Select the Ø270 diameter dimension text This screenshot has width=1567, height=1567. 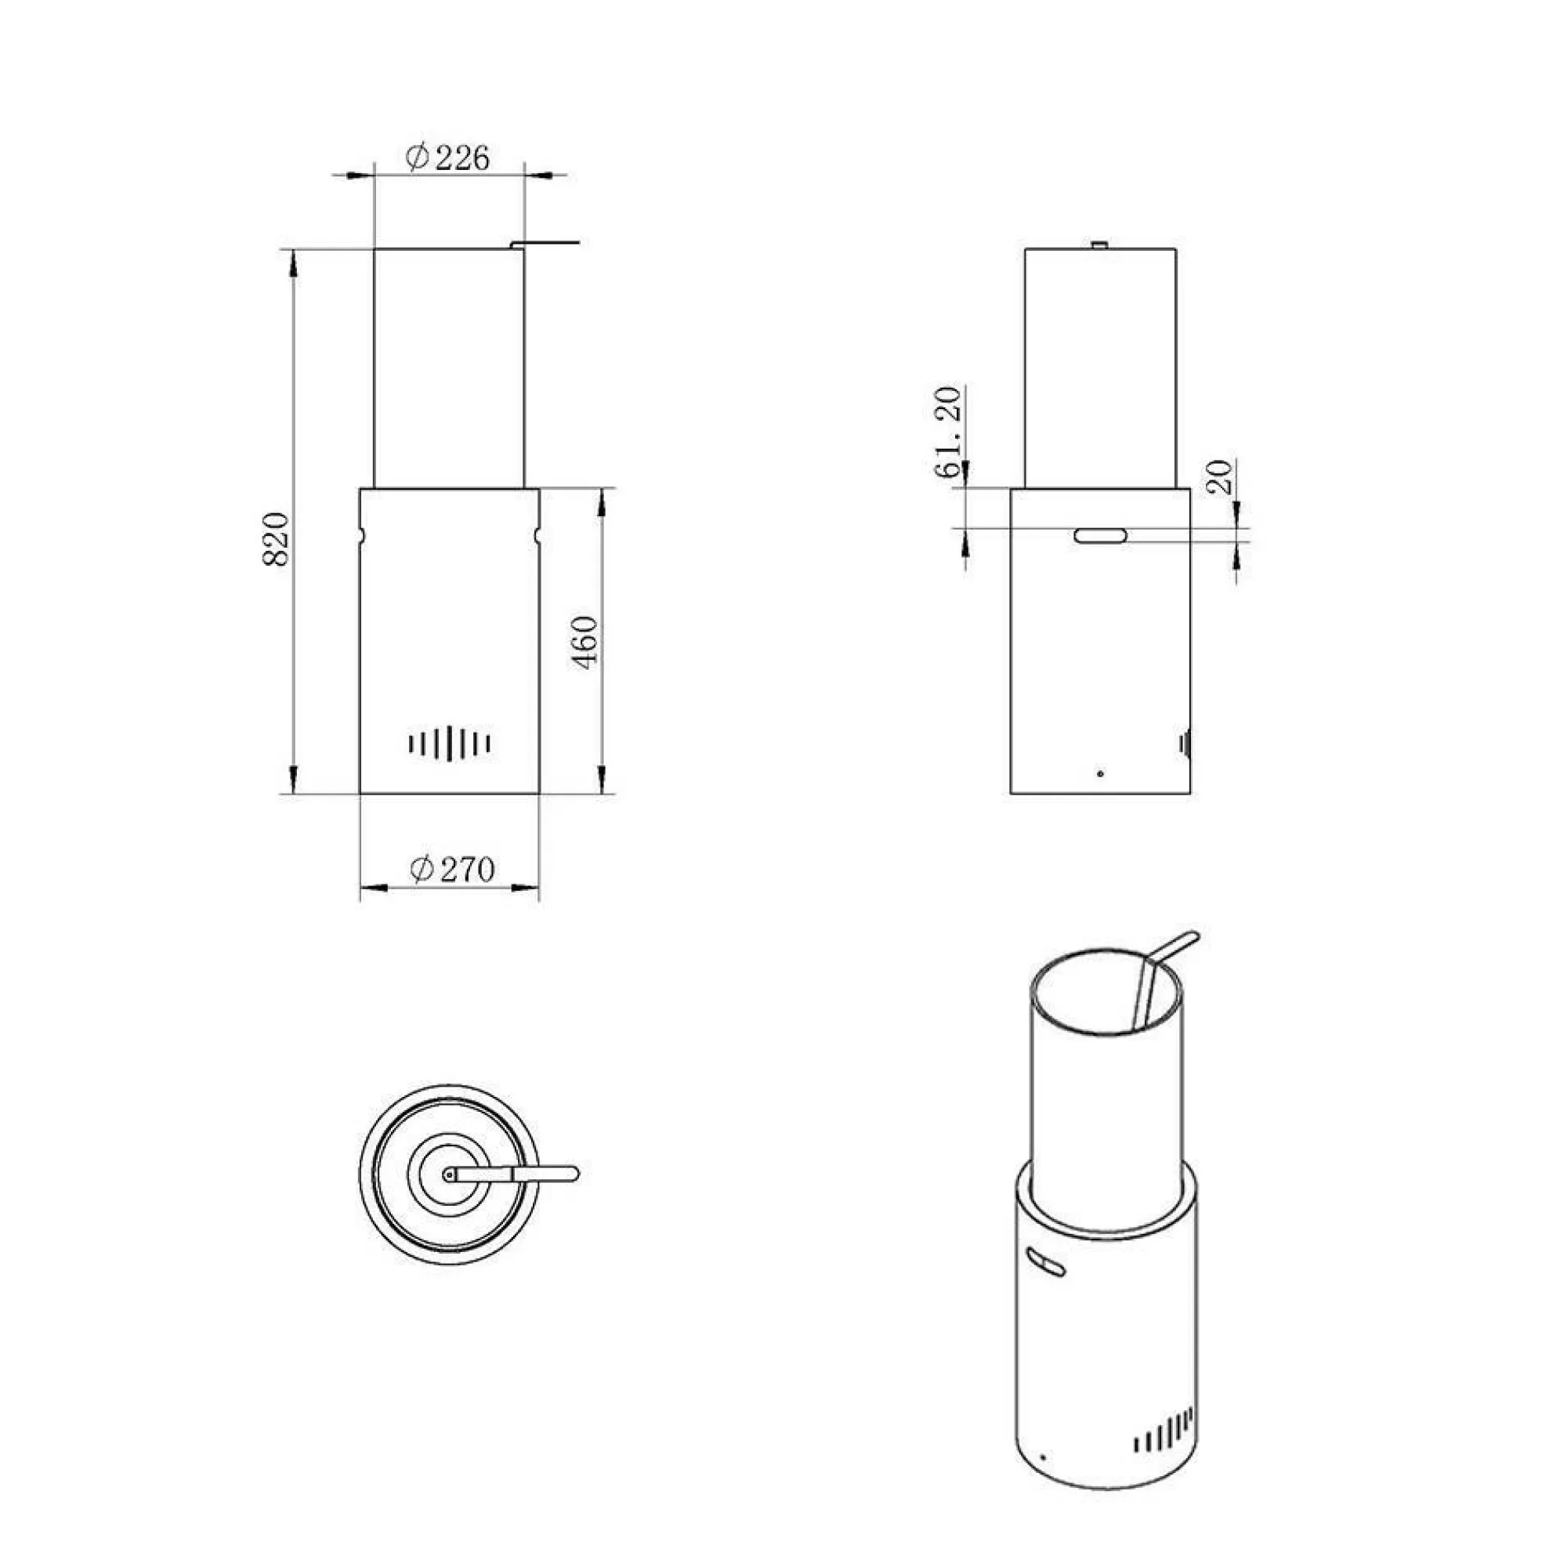point(452,870)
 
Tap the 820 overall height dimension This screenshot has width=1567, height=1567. point(277,539)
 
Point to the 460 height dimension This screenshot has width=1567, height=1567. point(584,642)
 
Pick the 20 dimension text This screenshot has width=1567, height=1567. point(1219,478)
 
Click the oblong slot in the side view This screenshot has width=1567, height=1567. point(1101,535)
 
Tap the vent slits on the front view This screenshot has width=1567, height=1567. point(451,743)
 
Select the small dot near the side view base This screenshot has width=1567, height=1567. point(1100,774)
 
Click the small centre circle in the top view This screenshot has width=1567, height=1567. point(448,1174)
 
